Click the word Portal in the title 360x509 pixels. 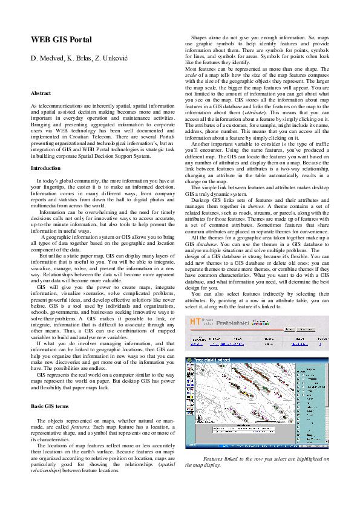pyautogui.click(x=79, y=40)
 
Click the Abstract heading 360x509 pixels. pyautogui.click(x=41, y=94)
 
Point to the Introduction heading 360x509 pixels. pyautogui.click(x=45, y=167)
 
